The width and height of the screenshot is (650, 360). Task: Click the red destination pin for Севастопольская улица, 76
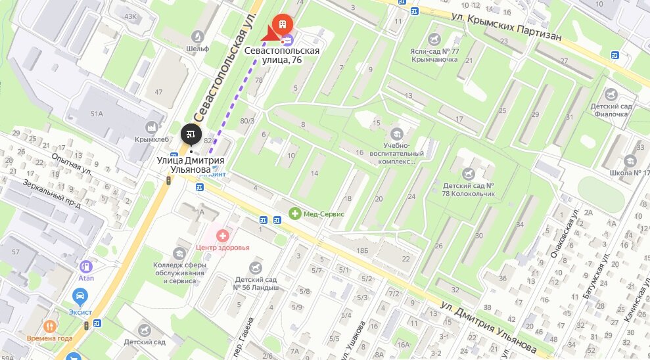point(283,25)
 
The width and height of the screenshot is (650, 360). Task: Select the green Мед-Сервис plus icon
point(296,214)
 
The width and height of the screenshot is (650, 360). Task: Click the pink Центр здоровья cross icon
point(223,235)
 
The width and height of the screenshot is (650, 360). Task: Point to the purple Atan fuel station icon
point(85,267)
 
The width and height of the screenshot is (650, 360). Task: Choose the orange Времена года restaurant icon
point(50,326)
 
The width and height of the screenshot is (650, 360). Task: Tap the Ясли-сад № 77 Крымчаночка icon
point(433,39)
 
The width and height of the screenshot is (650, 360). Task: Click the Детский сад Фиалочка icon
point(611,95)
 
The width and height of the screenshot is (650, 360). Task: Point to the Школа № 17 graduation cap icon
point(630,160)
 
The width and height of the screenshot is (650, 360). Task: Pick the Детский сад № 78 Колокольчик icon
point(468,173)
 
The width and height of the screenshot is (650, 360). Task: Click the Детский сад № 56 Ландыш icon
point(256,267)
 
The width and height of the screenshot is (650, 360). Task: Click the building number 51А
point(97,114)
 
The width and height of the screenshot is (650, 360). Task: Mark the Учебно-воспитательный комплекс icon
point(398,133)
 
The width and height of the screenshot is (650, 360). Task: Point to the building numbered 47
point(158,91)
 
